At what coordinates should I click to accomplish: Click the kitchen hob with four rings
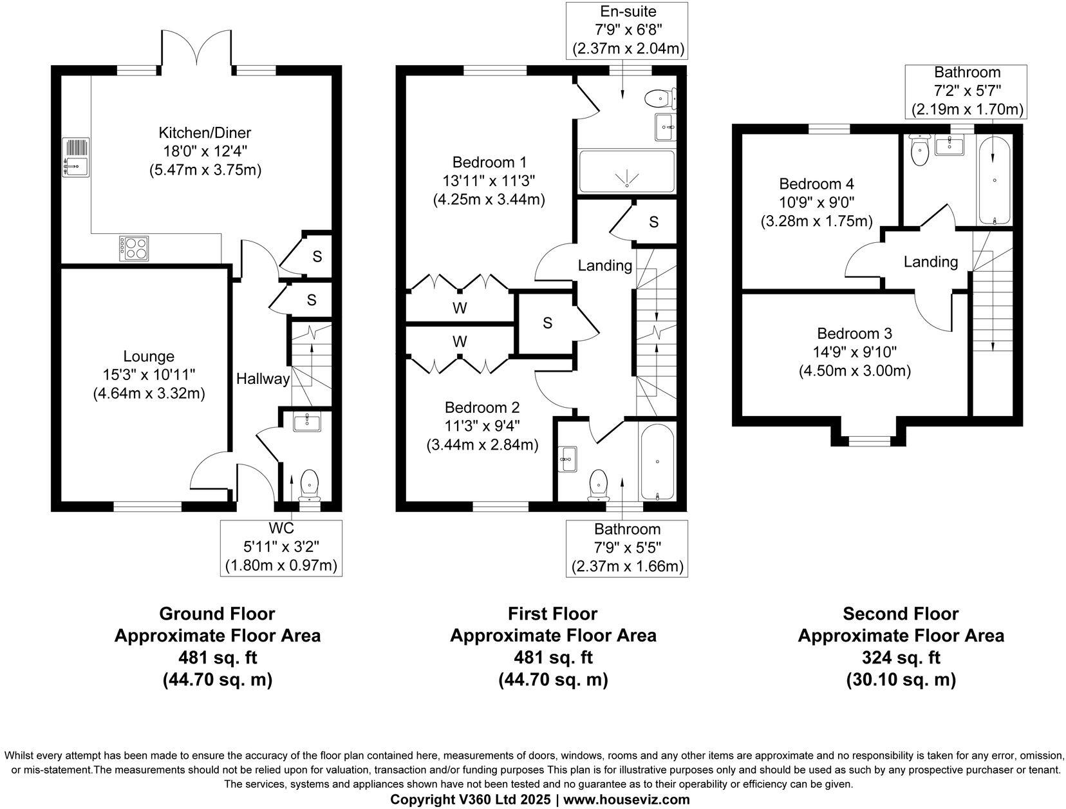pos(134,248)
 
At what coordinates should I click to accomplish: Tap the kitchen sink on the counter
pos(76,157)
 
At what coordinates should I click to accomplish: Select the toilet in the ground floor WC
pos(309,485)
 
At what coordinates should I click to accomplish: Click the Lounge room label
pos(149,356)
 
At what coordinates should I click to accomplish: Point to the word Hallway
pos(263,379)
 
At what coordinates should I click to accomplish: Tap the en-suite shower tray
pos(626,171)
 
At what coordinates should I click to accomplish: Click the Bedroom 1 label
pos(489,162)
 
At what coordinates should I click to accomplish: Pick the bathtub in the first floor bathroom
pos(657,461)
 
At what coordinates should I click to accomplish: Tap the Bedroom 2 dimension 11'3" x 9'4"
pos(482,426)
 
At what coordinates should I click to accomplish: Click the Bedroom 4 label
pos(816,184)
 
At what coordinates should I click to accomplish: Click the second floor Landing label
pos(931,262)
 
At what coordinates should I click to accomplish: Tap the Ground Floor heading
pos(217,614)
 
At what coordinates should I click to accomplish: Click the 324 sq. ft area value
pos(901,658)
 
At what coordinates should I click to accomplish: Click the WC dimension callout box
pos(281,548)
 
